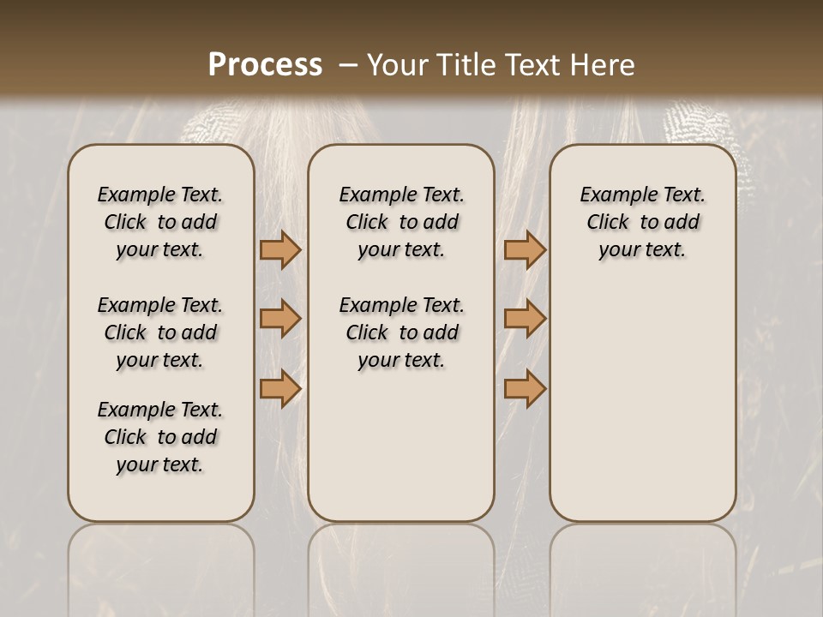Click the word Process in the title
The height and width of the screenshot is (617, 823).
265,64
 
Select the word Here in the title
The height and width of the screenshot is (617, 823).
604,64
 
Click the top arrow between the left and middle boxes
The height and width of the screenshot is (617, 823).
280,250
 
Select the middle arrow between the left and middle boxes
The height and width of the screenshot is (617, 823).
280,319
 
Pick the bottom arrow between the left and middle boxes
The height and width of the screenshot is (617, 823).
280,388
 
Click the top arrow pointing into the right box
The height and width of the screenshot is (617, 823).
525,250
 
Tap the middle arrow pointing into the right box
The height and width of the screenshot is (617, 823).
525,319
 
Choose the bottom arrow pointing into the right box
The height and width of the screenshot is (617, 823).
525,388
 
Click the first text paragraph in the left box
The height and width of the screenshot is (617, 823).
160,222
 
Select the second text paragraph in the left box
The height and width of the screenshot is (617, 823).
160,332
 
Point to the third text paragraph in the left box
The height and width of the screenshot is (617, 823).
160,437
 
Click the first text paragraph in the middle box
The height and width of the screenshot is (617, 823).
401,222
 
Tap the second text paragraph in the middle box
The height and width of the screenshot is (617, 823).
401,332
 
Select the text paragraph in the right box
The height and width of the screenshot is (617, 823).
643,222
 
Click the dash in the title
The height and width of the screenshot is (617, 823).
348,64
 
